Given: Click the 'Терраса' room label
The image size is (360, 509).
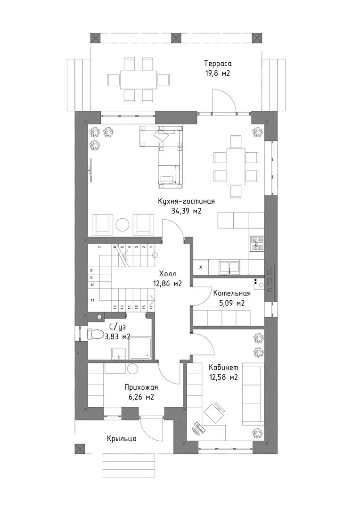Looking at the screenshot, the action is click(218, 63).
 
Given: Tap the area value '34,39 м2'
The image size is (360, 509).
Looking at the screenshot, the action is click(186, 211).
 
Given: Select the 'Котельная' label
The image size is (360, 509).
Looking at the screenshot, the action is click(232, 294).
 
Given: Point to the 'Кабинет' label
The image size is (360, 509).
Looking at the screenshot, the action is click(223, 368).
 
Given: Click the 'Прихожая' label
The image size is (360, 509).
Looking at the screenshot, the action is click(141, 387).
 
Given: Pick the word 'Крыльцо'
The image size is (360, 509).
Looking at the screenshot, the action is click(122, 439).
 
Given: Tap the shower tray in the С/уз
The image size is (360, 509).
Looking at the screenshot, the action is click(139, 348).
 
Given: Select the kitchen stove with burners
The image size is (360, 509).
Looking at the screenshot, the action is click(256, 244).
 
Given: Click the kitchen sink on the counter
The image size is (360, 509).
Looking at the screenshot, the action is click(229, 267).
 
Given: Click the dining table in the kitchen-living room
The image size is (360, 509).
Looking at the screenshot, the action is click(236, 166).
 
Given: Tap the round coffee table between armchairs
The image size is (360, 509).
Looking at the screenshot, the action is click(123, 224).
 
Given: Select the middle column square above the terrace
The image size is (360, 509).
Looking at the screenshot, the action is click(176, 37).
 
